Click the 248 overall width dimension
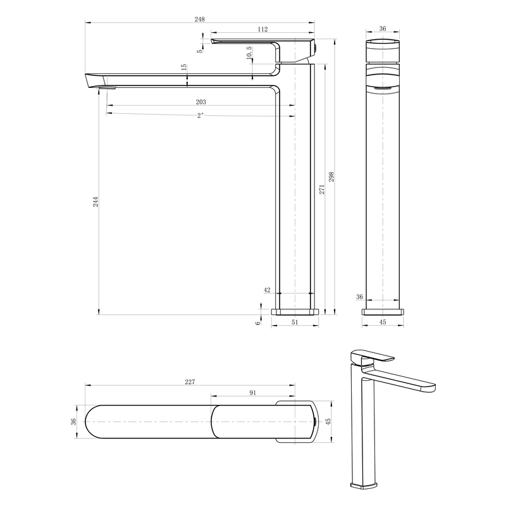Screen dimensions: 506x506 click(199, 20)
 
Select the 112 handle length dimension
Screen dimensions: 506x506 click(262, 29)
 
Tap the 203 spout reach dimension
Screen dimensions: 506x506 click(201, 102)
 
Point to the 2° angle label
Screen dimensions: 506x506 click(201, 115)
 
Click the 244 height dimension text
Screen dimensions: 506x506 click(96, 202)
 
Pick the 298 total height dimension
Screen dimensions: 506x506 click(331, 177)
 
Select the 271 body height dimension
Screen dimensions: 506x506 click(322, 189)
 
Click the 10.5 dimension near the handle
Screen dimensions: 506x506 click(249, 52)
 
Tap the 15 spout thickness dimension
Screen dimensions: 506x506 click(183, 67)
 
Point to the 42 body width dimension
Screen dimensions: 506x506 click(267, 290)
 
